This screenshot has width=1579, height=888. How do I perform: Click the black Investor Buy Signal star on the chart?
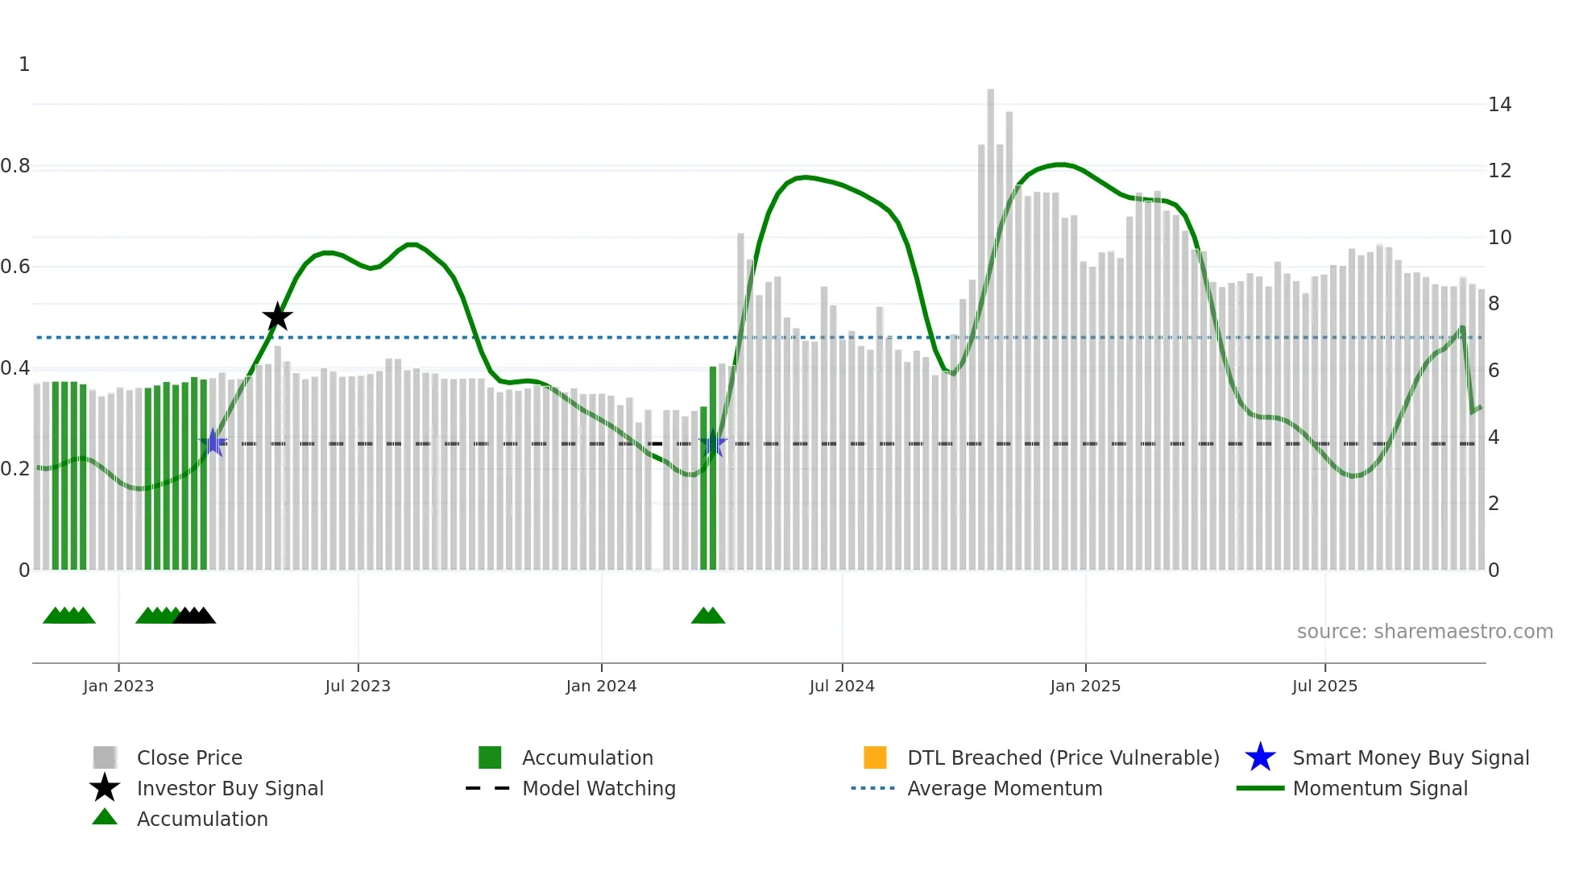point(277,317)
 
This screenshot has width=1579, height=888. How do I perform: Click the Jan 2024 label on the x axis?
point(601,686)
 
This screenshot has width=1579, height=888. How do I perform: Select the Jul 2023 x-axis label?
point(358,686)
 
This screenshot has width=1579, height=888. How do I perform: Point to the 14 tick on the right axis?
point(1499,105)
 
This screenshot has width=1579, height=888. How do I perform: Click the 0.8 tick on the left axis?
point(15,166)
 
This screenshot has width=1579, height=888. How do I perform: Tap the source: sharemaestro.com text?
point(1424,631)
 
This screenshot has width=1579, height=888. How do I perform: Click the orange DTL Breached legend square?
point(875,757)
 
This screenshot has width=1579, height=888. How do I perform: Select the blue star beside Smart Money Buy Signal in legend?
point(1260,757)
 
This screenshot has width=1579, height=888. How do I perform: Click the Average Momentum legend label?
point(1005,788)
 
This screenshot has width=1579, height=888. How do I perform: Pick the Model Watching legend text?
point(599,788)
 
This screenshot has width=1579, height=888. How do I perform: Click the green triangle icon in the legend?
point(105,817)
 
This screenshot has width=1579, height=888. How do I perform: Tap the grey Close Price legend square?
point(105,757)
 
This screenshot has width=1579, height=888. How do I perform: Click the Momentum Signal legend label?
point(1380,788)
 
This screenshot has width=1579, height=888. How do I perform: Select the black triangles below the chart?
point(194,616)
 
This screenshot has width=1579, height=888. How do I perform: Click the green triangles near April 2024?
point(708,616)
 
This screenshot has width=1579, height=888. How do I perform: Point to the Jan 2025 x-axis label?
point(1085,686)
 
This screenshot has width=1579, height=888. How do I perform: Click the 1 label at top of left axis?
point(24,64)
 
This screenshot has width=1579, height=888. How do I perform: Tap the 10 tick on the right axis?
point(1499,238)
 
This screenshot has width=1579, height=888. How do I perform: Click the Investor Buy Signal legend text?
point(230,788)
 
